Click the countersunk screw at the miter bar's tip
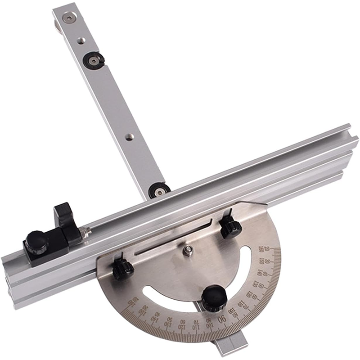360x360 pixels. [x=68, y=18]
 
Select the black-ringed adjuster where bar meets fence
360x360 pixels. [x=158, y=191]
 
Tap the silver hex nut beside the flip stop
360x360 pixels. [x=85, y=231]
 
